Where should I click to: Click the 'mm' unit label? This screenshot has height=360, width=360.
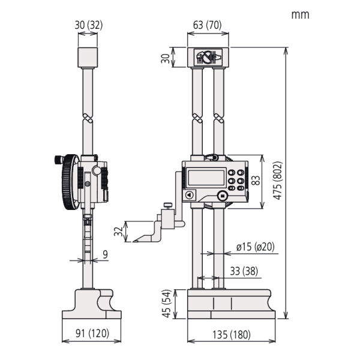coord(300,14)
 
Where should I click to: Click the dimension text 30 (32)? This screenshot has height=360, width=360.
coord(88,26)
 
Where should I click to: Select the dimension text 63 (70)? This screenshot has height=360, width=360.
coord(207,26)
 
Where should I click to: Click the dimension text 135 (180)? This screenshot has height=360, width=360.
coord(231,335)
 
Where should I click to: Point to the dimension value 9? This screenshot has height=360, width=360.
coord(105,254)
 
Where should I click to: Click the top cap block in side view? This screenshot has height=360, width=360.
coord(88,58)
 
